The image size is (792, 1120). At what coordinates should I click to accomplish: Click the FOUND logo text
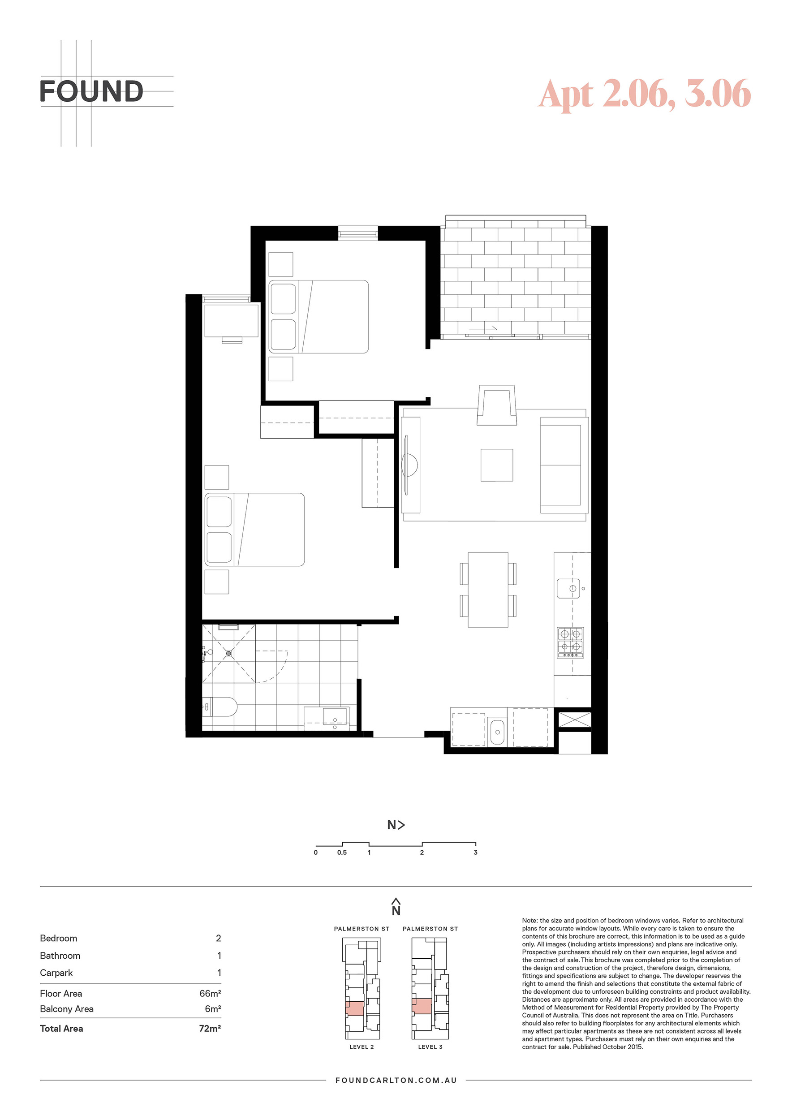pyautogui.click(x=91, y=91)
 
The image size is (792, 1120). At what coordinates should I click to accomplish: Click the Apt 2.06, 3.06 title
pyautogui.click(x=644, y=94)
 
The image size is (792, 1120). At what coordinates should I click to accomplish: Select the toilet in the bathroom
pyautogui.click(x=220, y=707)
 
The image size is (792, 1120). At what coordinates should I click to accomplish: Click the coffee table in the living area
pyautogui.click(x=496, y=465)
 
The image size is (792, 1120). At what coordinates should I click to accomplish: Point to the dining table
pyautogui.click(x=488, y=590)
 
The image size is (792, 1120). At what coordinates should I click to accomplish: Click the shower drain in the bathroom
pyautogui.click(x=229, y=653)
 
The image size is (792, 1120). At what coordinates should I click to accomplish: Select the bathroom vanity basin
pyautogui.click(x=335, y=717)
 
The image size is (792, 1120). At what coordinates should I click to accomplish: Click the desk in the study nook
pyautogui.click(x=231, y=320)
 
